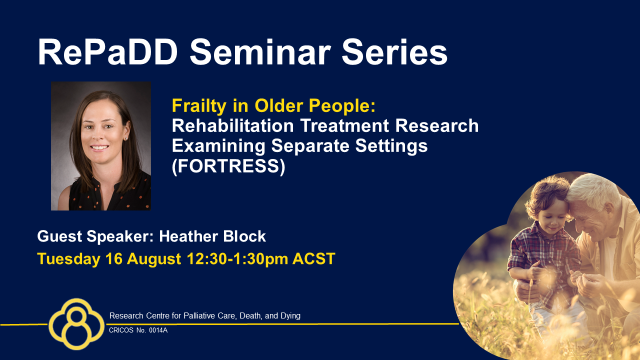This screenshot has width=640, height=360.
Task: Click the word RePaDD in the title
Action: coord(107,52)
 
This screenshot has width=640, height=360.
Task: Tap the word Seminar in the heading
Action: coord(260,52)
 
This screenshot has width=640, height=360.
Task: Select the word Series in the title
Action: coord(394,52)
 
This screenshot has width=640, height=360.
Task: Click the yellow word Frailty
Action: coord(199,106)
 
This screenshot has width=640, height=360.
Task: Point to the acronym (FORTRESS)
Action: coord(228,166)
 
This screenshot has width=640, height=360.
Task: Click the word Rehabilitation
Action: coord(233,125)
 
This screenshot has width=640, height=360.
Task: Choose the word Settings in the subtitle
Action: coord(391,146)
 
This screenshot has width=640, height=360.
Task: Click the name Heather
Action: coord(187,236)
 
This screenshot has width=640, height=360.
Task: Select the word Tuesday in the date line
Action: coord(68,259)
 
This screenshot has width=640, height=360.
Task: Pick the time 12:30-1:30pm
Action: coord(237,259)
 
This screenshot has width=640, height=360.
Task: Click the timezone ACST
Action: coord(313,259)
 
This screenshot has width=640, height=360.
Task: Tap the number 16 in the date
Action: coord(113,259)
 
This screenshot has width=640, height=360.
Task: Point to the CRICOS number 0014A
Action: coord(158,330)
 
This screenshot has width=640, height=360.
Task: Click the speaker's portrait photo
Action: coord(101,146)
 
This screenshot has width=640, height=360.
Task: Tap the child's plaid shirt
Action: coord(543,257)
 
